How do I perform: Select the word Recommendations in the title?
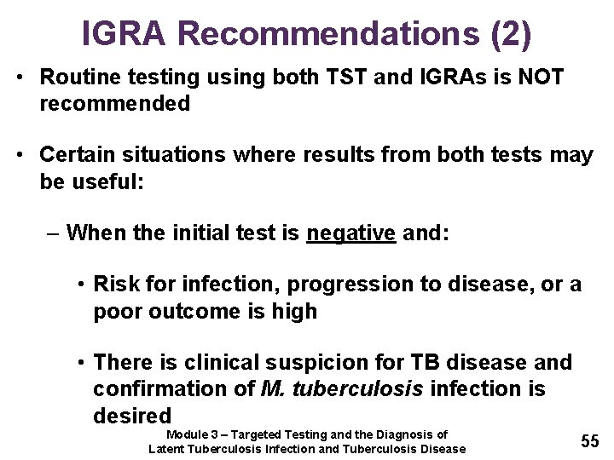click(329, 32)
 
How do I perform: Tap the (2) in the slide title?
click(512, 32)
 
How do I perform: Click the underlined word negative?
click(351, 233)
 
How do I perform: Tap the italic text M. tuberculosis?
click(340, 389)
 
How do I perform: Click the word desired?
click(132, 416)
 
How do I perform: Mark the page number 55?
click(589, 440)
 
